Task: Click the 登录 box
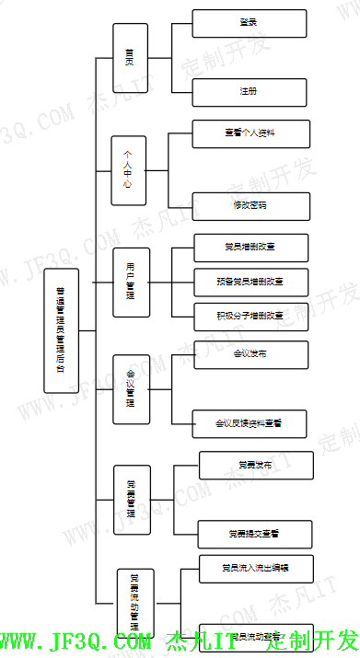point(250,23)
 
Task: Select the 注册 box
point(250,92)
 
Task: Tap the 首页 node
point(130,58)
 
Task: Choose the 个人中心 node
point(129,168)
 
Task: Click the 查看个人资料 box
point(250,133)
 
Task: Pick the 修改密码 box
point(250,204)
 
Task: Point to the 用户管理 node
point(131,281)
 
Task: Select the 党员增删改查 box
point(251,248)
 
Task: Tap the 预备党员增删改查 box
point(251,282)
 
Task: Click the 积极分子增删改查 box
point(251,316)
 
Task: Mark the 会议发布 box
point(251,354)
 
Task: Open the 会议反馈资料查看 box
point(251,424)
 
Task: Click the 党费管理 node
point(132,500)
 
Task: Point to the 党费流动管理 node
point(134,603)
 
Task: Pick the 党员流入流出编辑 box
point(256,568)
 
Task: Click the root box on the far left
point(62,331)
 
